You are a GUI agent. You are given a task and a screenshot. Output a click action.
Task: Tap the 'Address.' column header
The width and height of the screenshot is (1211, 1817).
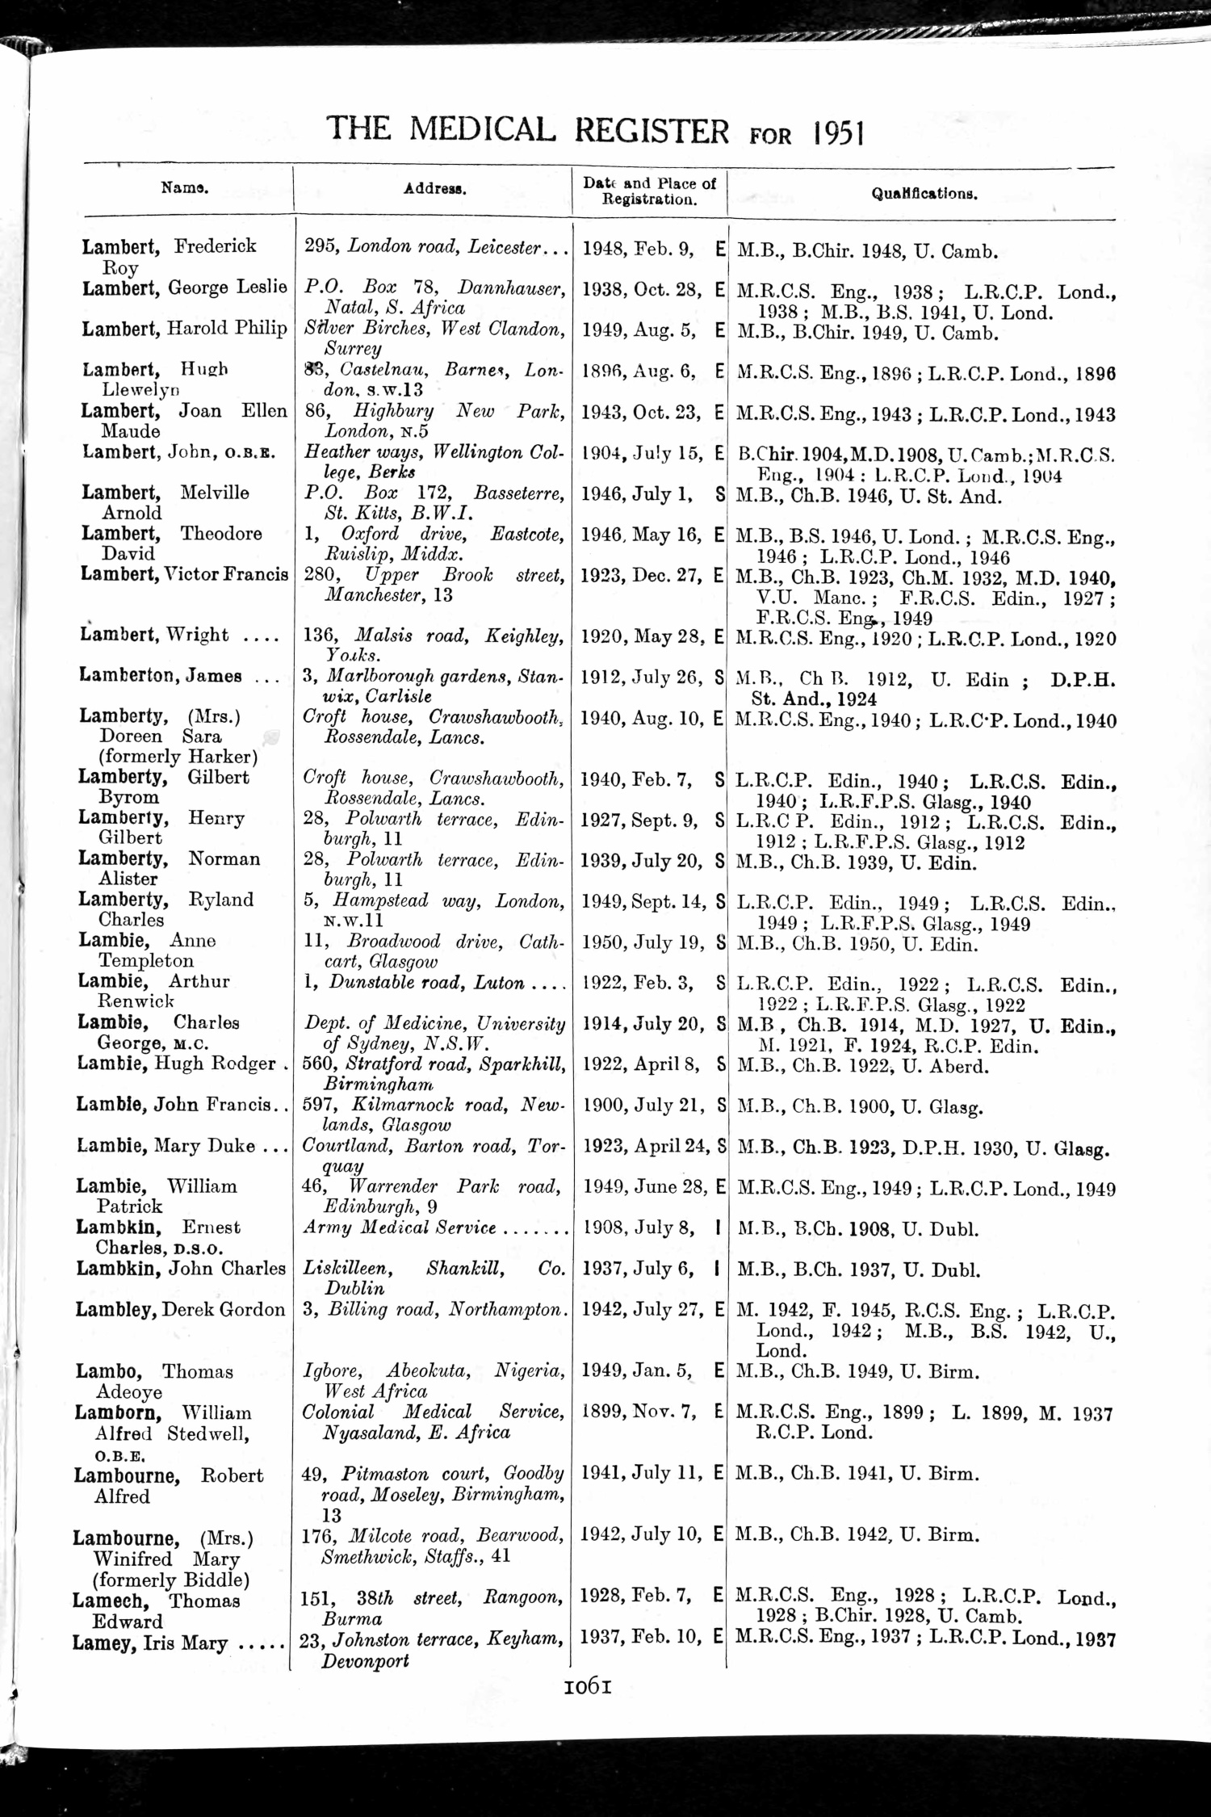coord(434,189)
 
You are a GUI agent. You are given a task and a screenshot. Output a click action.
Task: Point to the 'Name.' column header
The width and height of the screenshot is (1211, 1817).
coord(185,188)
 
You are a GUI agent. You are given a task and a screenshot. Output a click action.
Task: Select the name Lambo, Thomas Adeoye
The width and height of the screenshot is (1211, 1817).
coord(153,1381)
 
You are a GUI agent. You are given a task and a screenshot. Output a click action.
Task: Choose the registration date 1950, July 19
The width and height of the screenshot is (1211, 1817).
coord(643,942)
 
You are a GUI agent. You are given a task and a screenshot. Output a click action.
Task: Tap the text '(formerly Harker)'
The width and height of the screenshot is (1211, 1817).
coord(178,757)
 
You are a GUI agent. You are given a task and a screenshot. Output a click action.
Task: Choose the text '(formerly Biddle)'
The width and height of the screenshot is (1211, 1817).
coord(171,1580)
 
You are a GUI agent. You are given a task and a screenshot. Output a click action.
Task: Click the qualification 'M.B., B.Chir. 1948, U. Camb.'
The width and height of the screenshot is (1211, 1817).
coord(868,251)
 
